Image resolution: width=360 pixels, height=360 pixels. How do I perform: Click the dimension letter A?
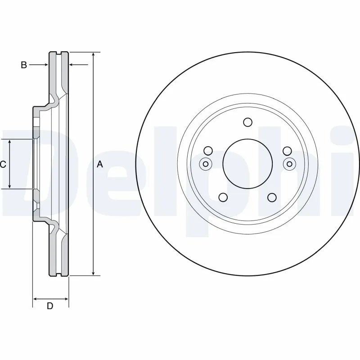tap(100, 165)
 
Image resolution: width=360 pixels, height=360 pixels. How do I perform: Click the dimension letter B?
tap(24, 65)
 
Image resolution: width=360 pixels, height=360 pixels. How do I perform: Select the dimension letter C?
tap(3, 165)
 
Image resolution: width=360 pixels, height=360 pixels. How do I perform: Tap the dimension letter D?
tap(50, 306)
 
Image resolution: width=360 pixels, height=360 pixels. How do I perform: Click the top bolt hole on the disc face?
tap(247, 122)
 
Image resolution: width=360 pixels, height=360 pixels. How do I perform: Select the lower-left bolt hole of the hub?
tap(223, 197)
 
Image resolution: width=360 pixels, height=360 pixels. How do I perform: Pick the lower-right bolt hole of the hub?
tap(272, 197)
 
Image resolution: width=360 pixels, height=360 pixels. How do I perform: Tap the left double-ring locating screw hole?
tap(205, 164)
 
